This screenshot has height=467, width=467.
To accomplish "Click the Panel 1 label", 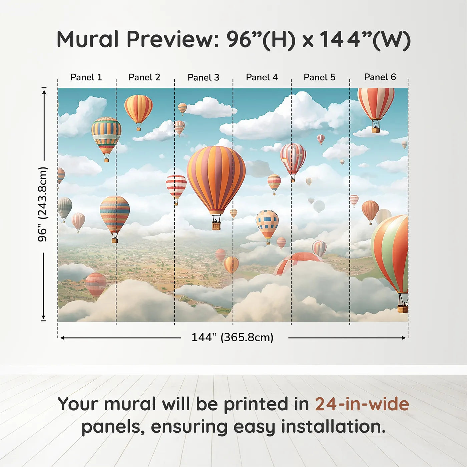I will [x=86, y=77].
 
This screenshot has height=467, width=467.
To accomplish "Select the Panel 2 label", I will [x=144, y=77].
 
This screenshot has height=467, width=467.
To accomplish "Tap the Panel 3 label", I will [x=203, y=77].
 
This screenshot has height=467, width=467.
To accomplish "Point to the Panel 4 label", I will [x=262, y=77].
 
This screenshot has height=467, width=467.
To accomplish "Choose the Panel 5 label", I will [x=319, y=77].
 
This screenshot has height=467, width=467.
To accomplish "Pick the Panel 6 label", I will [x=380, y=77].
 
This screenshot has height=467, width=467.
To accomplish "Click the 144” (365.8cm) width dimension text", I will [x=232, y=337].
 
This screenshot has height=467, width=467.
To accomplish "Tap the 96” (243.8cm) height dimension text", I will [x=43, y=204].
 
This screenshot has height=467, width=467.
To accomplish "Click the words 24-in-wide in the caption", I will [x=362, y=404].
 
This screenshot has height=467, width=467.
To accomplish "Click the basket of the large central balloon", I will [x=216, y=226].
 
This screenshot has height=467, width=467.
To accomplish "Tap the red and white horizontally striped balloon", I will [x=176, y=187].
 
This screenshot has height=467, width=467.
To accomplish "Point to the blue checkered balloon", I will [x=267, y=223].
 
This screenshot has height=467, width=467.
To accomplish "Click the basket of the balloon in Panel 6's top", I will [x=376, y=129].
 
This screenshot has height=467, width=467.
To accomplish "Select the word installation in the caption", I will [x=333, y=427].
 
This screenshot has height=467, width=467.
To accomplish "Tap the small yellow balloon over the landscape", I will [x=231, y=264].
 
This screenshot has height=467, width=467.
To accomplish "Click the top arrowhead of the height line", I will [x=44, y=91].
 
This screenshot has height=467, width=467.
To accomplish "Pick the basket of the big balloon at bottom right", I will [x=403, y=309].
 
